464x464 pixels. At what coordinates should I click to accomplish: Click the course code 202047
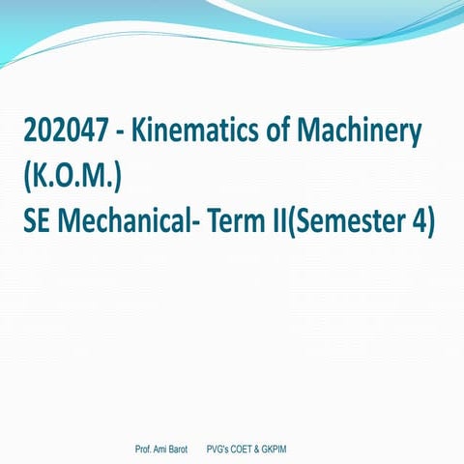click(64, 132)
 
